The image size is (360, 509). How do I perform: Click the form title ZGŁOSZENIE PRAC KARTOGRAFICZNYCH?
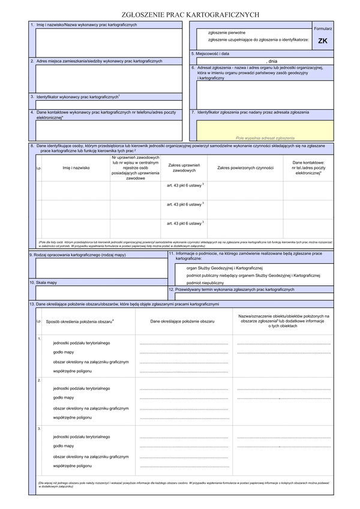pyautogui.click(x=180, y=13)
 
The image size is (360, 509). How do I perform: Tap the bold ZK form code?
pyautogui.click(x=322, y=41)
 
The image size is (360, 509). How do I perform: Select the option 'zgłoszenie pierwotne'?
pyautogui.click(x=226, y=32)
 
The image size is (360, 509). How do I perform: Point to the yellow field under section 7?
pyautogui.click(x=263, y=129)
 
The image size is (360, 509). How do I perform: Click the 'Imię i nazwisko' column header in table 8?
pyautogui.click(x=76, y=168)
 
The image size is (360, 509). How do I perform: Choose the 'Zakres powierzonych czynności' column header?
pyautogui.click(x=245, y=168)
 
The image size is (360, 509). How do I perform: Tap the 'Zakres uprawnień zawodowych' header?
pyautogui.click(x=184, y=168)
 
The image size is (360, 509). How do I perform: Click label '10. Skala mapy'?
pyautogui.click(x=43, y=282)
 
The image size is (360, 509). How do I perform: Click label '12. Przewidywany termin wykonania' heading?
pyautogui.click(x=232, y=290)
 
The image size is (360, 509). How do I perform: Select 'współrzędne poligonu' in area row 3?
pyautogui.click(x=73, y=465)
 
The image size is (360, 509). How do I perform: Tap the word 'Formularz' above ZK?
pyautogui.click(x=322, y=28)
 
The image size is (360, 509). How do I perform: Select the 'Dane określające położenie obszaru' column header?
pyautogui.click(x=182, y=322)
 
